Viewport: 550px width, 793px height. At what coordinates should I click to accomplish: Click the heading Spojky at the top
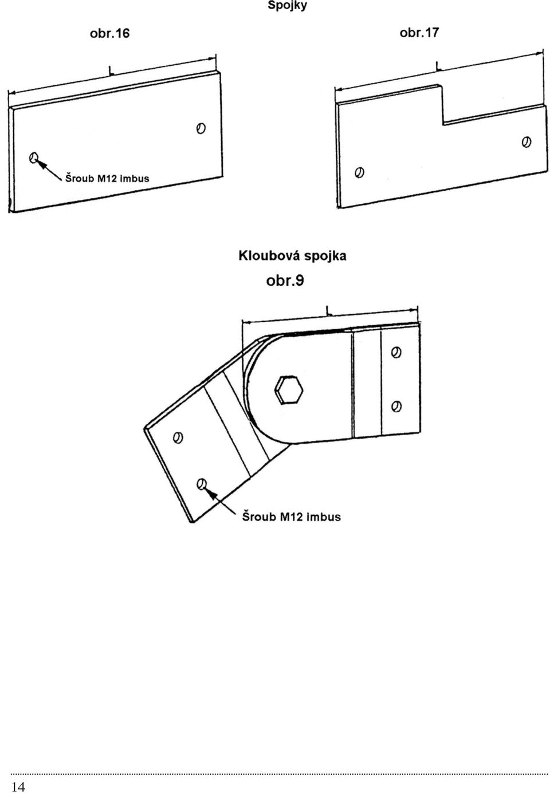click(x=287, y=5)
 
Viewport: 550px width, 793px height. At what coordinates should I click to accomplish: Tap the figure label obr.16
click(x=110, y=33)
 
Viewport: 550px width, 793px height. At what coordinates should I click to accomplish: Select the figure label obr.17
click(x=419, y=33)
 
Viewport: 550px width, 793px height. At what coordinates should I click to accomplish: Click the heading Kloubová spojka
click(x=292, y=255)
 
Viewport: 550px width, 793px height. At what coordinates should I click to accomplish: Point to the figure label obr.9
click(x=285, y=281)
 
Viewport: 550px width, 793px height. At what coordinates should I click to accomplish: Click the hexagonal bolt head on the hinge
click(x=288, y=389)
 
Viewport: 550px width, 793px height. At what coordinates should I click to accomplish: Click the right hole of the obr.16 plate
click(x=201, y=128)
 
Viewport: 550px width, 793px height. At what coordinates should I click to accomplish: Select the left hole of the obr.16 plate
click(x=34, y=157)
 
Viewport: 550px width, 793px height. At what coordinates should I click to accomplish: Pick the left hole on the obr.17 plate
click(x=359, y=172)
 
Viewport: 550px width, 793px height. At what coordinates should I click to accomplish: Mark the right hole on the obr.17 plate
click(x=526, y=141)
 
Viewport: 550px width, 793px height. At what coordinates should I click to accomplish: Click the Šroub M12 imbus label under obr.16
click(x=107, y=178)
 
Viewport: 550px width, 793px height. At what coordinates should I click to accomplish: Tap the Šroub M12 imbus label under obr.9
click(x=291, y=516)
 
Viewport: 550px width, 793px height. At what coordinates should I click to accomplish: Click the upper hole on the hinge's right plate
click(x=396, y=352)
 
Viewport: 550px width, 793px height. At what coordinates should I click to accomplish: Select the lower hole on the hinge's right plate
click(x=396, y=406)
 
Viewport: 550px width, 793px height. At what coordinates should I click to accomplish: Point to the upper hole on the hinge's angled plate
click(x=178, y=437)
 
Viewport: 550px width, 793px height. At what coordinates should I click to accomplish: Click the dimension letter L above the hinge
click(x=328, y=310)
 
